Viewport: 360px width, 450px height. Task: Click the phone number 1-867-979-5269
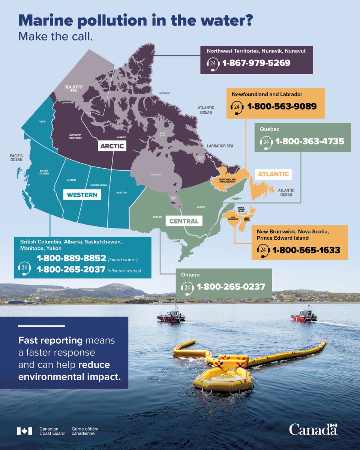point(256,63)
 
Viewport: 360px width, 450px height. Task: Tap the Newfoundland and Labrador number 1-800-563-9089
point(282,106)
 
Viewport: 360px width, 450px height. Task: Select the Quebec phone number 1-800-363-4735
point(310,142)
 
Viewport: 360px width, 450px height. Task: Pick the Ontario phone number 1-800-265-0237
point(231,287)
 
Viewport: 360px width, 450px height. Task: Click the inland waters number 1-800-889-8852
point(71,258)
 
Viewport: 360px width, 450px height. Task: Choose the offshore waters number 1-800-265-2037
point(71,269)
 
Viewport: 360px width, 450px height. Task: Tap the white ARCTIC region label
point(111,145)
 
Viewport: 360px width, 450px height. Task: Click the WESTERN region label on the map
point(82,195)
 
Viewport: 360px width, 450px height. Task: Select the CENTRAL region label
point(184,221)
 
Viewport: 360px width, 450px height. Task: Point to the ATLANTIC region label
point(273,174)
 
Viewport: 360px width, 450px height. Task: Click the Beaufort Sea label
point(73,88)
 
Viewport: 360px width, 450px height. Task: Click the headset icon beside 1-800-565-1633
point(264,250)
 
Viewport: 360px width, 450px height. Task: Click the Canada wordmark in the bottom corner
point(313,429)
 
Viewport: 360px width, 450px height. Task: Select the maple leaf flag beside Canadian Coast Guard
point(24,431)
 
